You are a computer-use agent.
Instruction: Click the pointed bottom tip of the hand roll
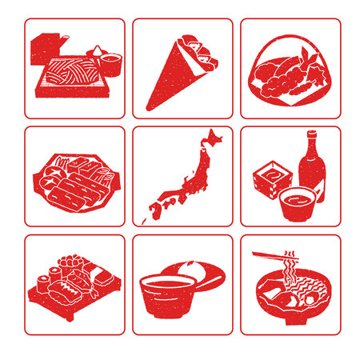[149, 105]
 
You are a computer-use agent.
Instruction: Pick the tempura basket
[290, 78]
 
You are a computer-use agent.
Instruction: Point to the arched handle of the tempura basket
[290, 40]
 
